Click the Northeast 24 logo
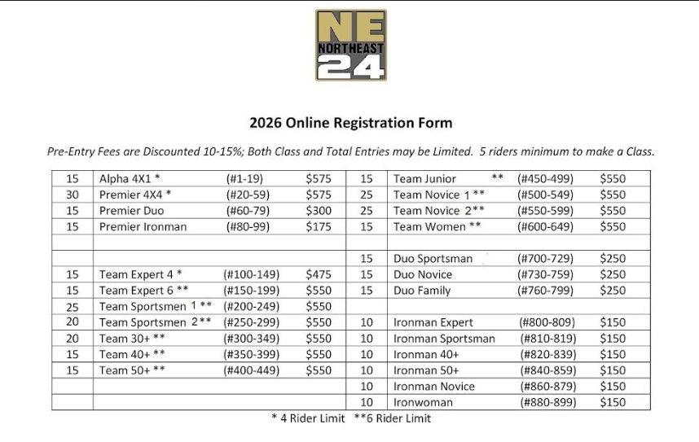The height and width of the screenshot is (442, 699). (x=350, y=45)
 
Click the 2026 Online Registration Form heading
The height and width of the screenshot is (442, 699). (x=350, y=124)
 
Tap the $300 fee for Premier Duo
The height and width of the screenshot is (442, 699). (x=319, y=211)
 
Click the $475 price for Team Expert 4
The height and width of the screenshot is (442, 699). (x=319, y=275)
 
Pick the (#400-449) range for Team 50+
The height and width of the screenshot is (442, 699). (x=251, y=370)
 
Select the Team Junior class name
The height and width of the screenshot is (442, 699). (x=424, y=179)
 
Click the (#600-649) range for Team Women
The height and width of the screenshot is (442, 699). (x=545, y=227)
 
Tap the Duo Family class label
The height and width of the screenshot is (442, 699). (x=423, y=291)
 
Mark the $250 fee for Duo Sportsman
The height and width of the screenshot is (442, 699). (x=613, y=259)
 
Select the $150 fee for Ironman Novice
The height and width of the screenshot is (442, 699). (x=613, y=387)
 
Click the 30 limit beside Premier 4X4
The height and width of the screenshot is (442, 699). (x=73, y=195)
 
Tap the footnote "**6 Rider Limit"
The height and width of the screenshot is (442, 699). (x=393, y=418)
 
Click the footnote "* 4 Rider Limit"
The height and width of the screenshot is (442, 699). (x=308, y=418)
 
